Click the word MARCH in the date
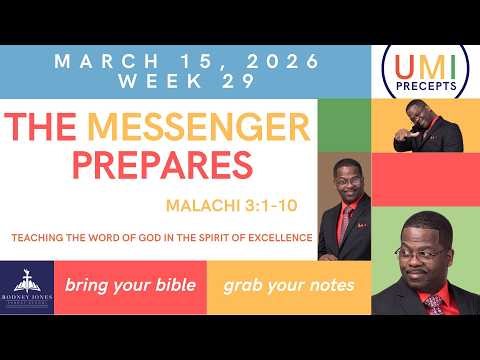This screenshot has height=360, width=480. pyautogui.click(x=99, y=61)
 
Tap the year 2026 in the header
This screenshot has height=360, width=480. pyautogui.click(x=279, y=61)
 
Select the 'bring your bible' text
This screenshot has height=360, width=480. pyautogui.click(x=130, y=285)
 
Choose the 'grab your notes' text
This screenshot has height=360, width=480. pyautogui.click(x=289, y=285)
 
